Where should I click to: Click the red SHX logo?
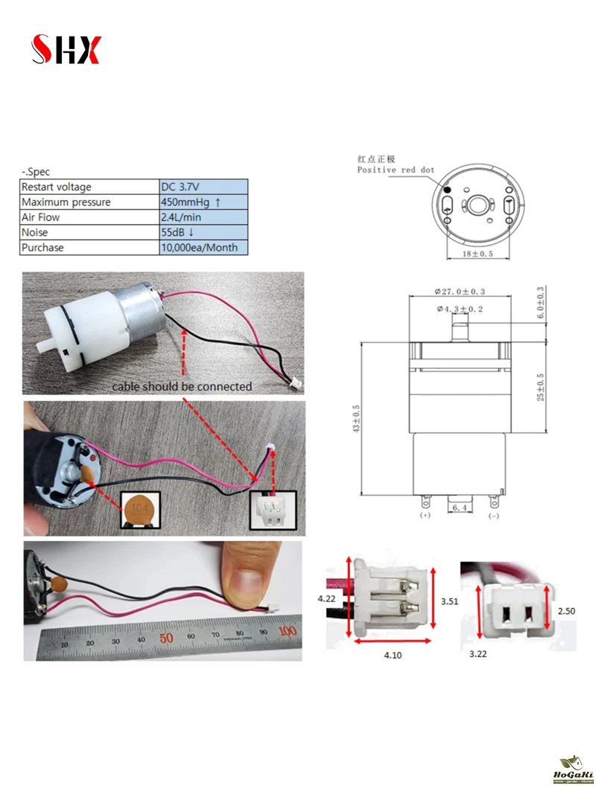66,50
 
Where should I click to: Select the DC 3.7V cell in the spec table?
203,187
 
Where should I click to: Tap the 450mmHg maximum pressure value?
203,202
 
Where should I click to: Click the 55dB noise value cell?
203,232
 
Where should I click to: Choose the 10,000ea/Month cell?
203,247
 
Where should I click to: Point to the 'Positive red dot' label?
395,170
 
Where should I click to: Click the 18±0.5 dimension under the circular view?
478,254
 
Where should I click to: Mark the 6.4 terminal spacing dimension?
460,508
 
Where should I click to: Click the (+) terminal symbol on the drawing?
426,515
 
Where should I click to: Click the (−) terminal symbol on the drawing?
493,515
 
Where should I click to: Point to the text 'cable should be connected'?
182,387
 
